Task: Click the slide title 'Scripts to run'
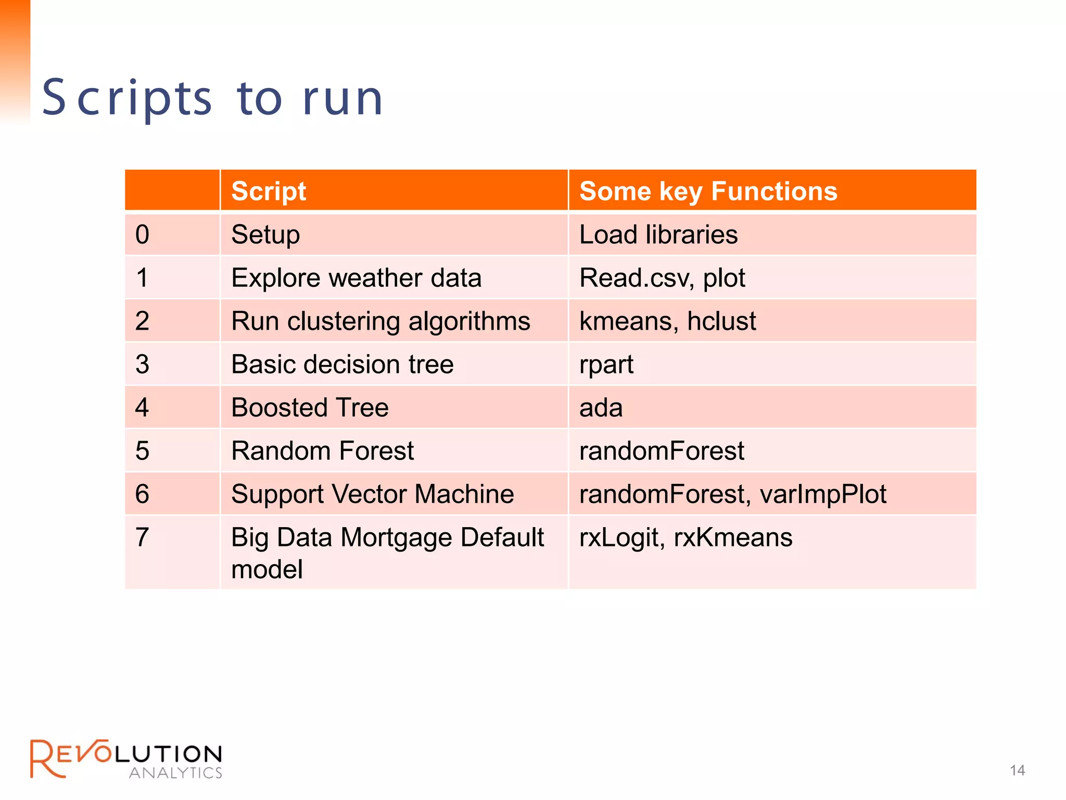click(212, 98)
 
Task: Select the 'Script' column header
click(269, 191)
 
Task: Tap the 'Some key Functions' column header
click(708, 191)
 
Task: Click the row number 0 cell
click(143, 234)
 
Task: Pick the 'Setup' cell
click(265, 235)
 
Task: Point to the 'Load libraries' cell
click(658, 235)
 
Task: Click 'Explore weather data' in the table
click(356, 278)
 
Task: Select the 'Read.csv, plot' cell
click(662, 278)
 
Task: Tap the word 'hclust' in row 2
click(721, 321)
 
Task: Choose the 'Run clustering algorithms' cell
click(380, 321)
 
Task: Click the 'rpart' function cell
click(606, 365)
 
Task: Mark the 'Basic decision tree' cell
click(342, 364)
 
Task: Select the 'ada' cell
click(601, 408)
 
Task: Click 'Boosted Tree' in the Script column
click(310, 407)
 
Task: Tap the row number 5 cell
click(143, 451)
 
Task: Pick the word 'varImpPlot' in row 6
click(823, 494)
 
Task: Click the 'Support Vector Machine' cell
click(372, 494)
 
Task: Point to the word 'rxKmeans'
click(733, 537)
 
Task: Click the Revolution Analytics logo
click(126, 759)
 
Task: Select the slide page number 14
click(1017, 770)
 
